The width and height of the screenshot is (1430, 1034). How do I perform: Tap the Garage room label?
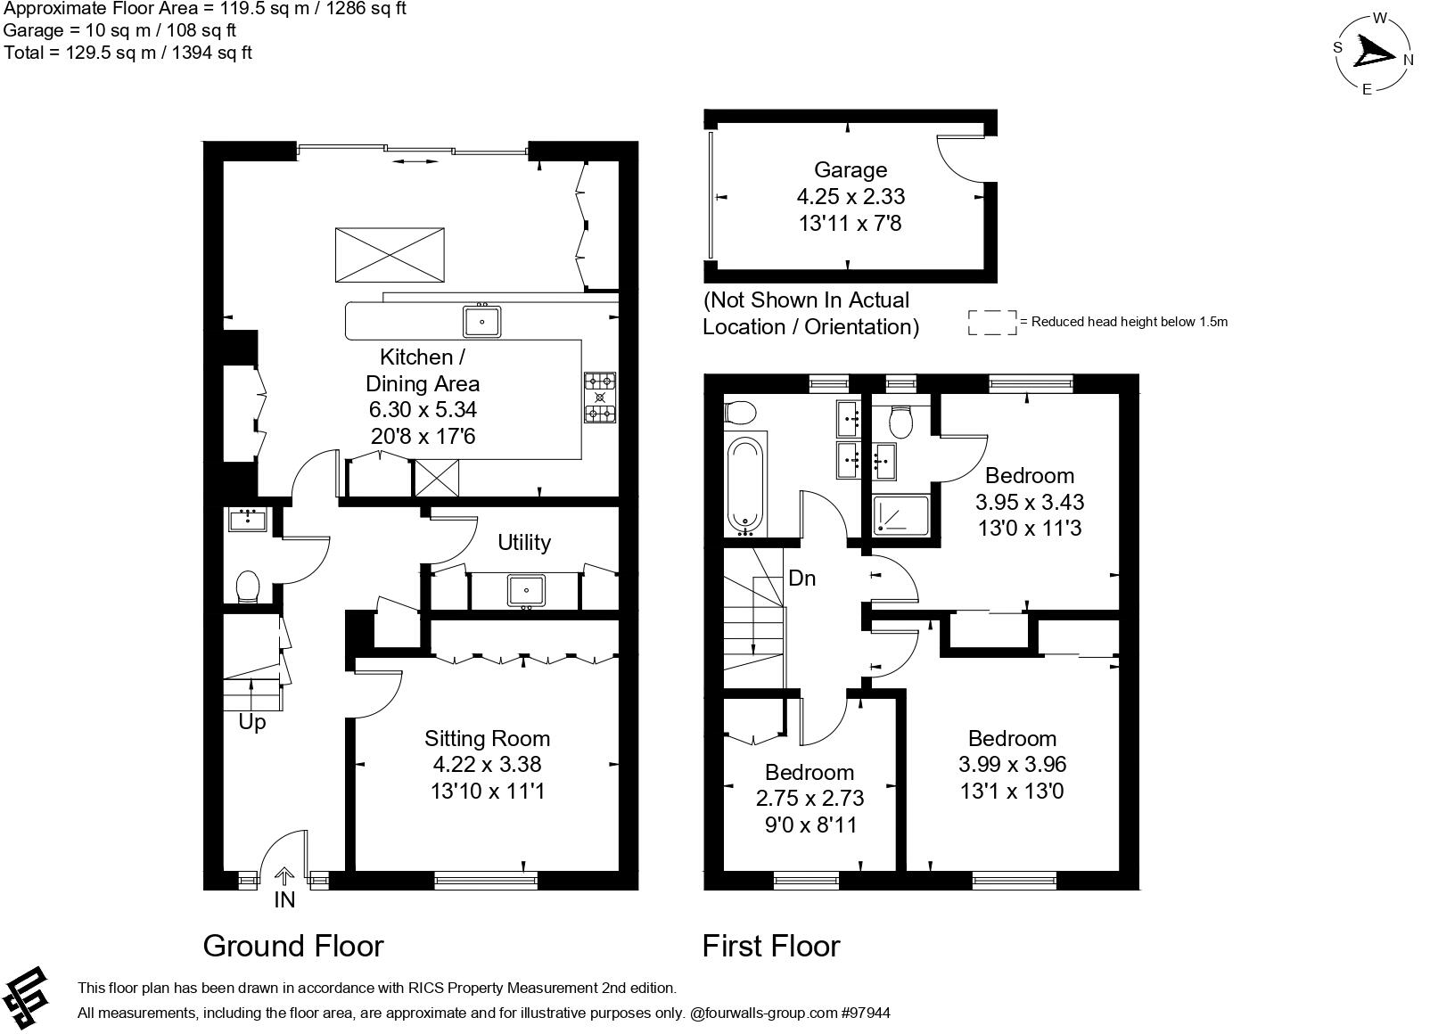850,170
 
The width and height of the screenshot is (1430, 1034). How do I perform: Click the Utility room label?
523,542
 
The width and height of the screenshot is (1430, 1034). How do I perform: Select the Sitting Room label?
487,738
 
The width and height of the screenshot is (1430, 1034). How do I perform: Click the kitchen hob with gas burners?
600,398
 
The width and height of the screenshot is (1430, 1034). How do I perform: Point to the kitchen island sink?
481,321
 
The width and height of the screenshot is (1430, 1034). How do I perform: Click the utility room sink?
526,590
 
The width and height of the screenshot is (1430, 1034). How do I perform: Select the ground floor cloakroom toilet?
248,588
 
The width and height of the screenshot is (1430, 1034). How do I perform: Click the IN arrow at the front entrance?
284,877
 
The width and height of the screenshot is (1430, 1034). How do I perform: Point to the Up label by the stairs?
252,722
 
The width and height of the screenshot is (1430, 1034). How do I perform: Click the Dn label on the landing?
802,579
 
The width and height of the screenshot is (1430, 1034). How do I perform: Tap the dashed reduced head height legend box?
992,323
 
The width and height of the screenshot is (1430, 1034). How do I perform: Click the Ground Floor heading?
293,946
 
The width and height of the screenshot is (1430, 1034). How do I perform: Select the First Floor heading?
771,946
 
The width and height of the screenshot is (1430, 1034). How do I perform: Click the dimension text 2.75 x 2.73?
810,798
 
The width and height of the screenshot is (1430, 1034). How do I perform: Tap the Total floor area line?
127,53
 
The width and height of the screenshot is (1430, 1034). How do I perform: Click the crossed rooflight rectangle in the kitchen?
390,254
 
